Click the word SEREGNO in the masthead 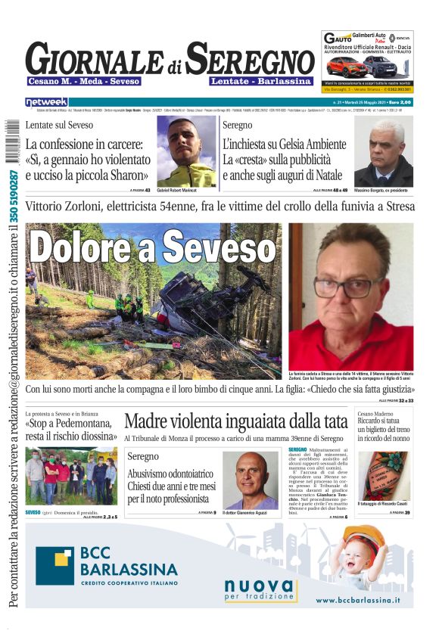tap(250, 59)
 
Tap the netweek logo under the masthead tap(46, 101)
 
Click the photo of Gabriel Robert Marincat tap(186, 151)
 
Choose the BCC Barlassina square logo tap(54, 565)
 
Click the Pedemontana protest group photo tap(71, 477)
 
